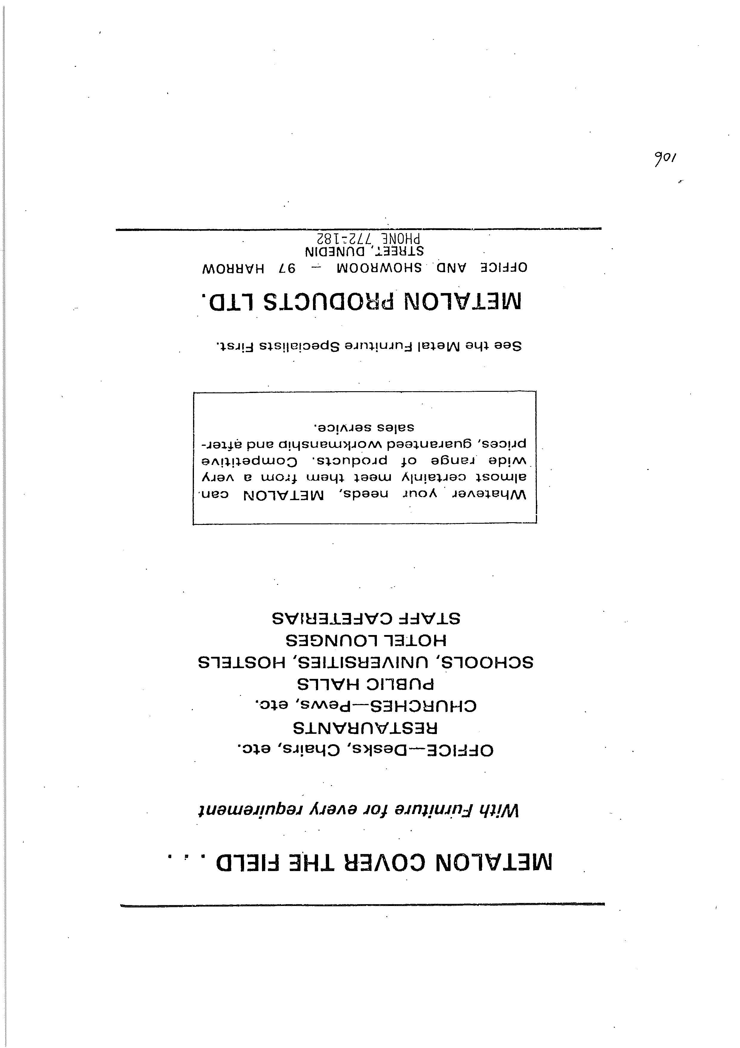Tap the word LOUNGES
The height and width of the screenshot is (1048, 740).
[x=332, y=640]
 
